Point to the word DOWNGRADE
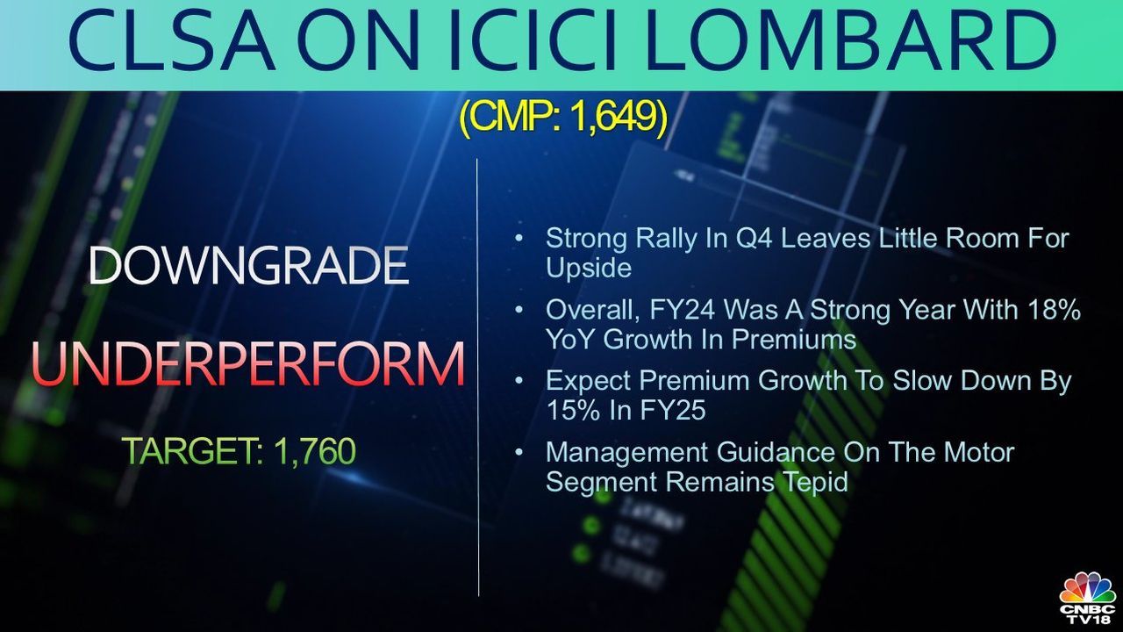pos(248,265)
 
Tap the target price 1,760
pos(314,451)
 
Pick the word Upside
pos(589,268)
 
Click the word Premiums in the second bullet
pos(794,339)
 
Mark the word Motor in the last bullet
pos(979,452)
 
